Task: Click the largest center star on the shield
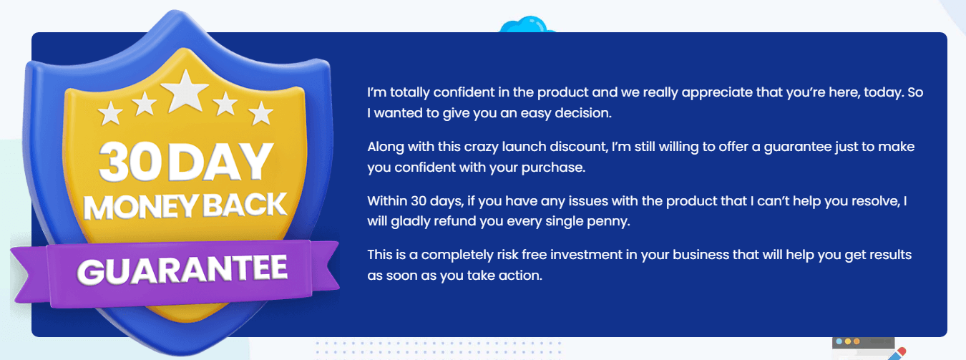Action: point(185,92)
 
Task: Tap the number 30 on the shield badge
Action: point(130,162)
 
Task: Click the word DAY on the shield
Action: point(220,162)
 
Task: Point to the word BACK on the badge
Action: point(245,205)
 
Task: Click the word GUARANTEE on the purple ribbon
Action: point(182,269)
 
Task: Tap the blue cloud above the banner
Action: point(527,24)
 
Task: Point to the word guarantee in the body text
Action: point(798,147)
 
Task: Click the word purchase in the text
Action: point(553,168)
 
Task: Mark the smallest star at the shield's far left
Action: point(110,112)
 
